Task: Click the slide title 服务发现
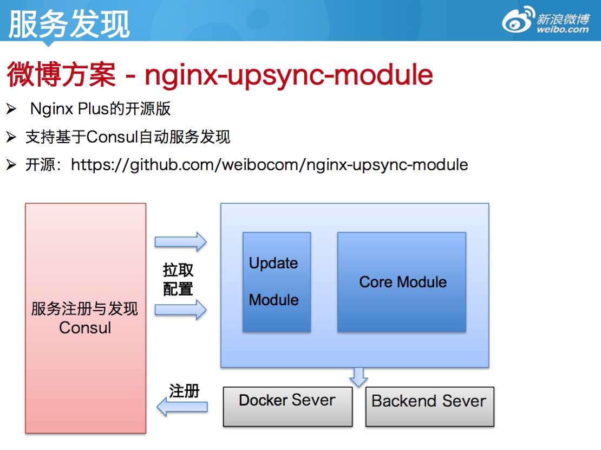tap(69, 24)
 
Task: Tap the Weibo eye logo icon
tap(518, 22)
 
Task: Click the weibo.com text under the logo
tap(563, 30)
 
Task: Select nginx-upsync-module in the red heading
tap(289, 75)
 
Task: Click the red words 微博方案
tap(61, 75)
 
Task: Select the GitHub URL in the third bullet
tap(269, 164)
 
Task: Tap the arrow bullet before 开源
tap(11, 165)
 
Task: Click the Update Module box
tap(276, 282)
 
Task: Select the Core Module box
tap(401, 282)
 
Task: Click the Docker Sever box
tap(288, 406)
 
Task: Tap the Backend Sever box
tap(429, 406)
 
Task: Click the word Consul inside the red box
tap(85, 328)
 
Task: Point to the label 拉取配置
tap(178, 280)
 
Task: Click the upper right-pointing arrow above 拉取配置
tap(181, 241)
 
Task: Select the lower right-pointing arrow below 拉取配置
tap(181, 311)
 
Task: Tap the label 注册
tap(184, 391)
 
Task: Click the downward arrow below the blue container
tap(358, 376)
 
